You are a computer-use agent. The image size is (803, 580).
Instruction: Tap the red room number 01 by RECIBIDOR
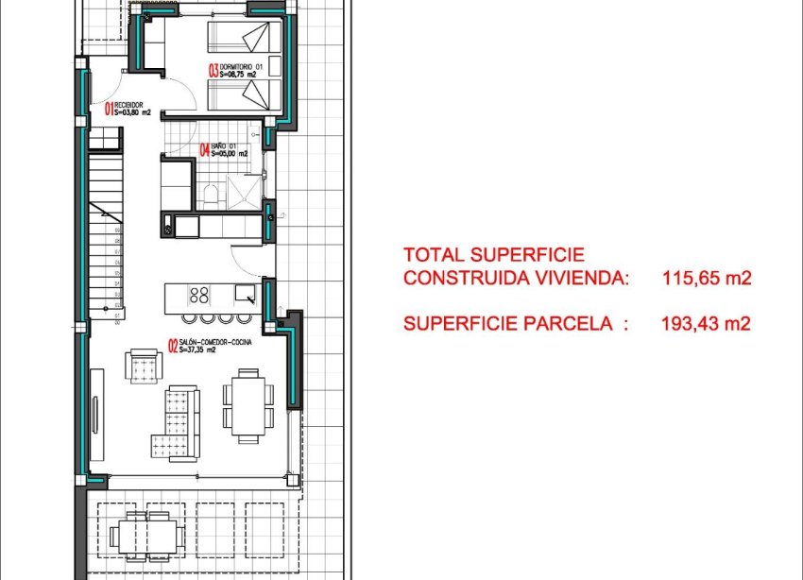point(109,109)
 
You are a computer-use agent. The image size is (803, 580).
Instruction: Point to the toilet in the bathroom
point(212,196)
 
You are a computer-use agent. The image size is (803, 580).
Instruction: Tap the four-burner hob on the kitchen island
point(199,294)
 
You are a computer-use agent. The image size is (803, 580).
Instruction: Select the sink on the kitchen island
point(245,293)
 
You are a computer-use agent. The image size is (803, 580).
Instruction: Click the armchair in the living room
point(144,366)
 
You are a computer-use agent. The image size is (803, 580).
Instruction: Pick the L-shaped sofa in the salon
point(179,421)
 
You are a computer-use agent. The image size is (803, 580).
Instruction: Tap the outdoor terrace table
point(145,536)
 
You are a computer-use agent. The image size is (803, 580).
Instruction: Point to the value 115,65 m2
point(706,279)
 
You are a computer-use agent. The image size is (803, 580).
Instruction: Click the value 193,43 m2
point(706,324)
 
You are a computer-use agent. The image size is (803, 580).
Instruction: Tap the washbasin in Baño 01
point(174,177)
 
